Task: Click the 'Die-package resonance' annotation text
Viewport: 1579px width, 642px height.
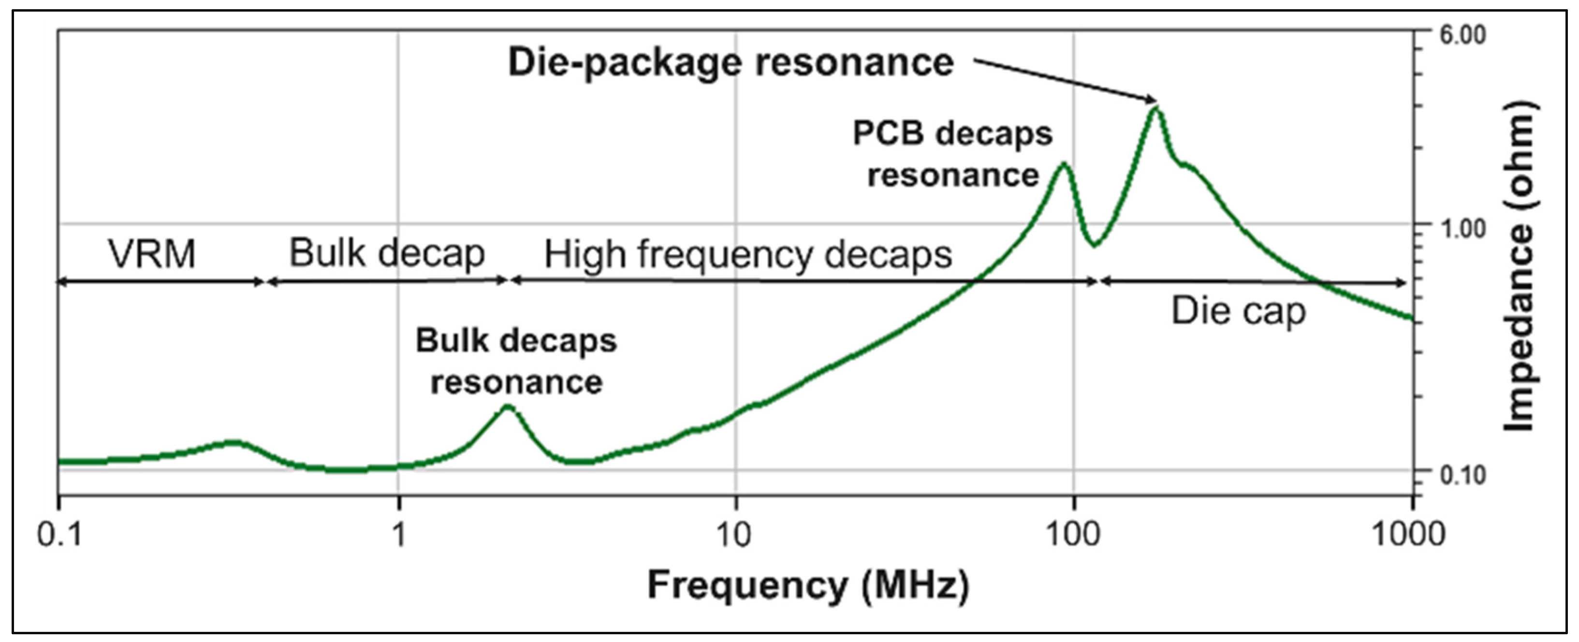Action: coord(731,63)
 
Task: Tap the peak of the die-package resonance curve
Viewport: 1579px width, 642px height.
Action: coord(1155,109)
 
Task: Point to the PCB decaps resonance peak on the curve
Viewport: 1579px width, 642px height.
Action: coord(1064,164)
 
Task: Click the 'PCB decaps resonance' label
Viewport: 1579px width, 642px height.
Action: coord(953,155)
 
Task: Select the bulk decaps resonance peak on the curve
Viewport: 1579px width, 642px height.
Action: coord(508,406)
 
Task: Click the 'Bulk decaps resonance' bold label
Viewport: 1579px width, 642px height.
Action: coord(516,361)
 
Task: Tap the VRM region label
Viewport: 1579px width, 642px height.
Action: coord(152,254)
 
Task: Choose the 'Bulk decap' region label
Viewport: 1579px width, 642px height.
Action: coord(387,253)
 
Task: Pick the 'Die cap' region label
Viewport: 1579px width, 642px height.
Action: coord(1238,311)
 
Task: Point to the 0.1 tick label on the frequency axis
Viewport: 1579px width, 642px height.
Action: coord(59,535)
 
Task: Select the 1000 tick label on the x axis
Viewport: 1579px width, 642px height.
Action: coord(1407,535)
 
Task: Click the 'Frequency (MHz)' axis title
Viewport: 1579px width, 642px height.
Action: coord(808,585)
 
